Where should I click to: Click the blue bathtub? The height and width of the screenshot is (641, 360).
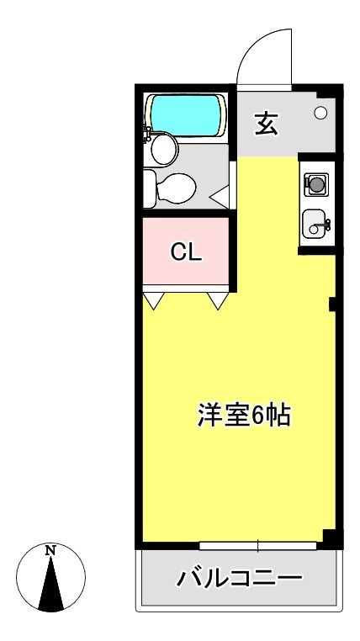point(185,115)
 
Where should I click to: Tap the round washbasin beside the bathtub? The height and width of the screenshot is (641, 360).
point(164,149)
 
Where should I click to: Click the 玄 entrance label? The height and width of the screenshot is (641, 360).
point(266,124)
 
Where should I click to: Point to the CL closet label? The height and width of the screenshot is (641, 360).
point(186,253)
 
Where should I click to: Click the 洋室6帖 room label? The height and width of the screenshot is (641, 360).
point(244,416)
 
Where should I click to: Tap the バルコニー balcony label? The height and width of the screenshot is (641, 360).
point(240,578)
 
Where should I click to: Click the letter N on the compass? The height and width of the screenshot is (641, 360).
point(50,550)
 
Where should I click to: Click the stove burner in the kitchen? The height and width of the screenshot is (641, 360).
point(316,184)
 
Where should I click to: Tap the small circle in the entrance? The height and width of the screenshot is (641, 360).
point(320,113)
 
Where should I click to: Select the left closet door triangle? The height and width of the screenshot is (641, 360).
point(153,300)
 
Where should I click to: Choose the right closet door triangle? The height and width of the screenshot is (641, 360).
point(218,300)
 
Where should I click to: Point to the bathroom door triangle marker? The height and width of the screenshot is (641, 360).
point(221,196)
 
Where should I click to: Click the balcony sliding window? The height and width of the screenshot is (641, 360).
point(258,546)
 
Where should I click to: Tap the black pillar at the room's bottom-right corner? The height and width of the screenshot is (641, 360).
point(331,539)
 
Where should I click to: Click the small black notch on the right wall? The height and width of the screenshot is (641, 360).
point(332,305)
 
